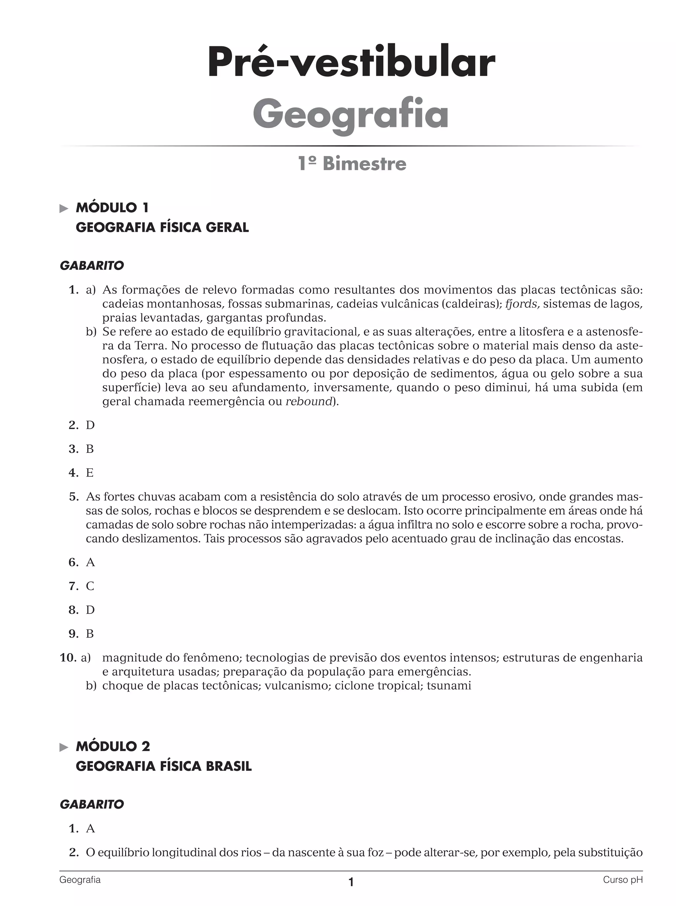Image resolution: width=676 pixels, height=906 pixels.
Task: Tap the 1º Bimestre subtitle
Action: pos(352,164)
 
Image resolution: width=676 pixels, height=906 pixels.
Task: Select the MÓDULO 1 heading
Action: pos(112,208)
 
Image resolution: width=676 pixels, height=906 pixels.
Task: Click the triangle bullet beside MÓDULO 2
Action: pos(64,747)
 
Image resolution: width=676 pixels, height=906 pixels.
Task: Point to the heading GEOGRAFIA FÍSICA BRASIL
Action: pos(164,766)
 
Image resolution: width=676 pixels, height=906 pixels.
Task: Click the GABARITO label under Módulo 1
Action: pos(92,266)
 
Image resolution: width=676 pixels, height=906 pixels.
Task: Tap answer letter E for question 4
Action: pos(89,473)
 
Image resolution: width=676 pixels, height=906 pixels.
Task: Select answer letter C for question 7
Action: pos(90,586)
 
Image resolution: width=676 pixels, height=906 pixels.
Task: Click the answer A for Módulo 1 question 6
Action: pos(90,563)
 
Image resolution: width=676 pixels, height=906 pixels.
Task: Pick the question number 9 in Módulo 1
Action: pos(73,634)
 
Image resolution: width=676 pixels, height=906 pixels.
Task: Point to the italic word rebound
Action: pos(309,401)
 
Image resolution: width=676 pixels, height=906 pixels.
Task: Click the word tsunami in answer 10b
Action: pos(449,686)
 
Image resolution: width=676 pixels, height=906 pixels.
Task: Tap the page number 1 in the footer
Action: pos(351,882)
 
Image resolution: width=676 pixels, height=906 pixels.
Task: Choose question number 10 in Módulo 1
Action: pos(68,658)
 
